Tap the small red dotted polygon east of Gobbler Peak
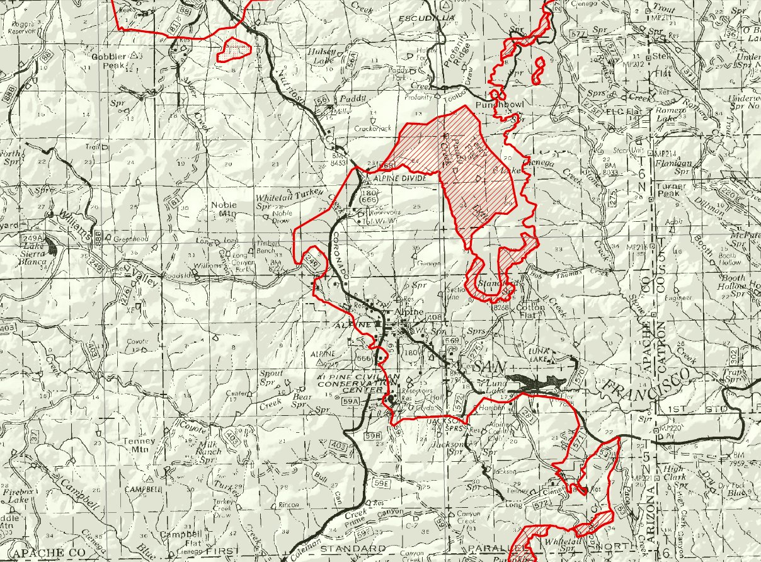[x=234, y=49]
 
